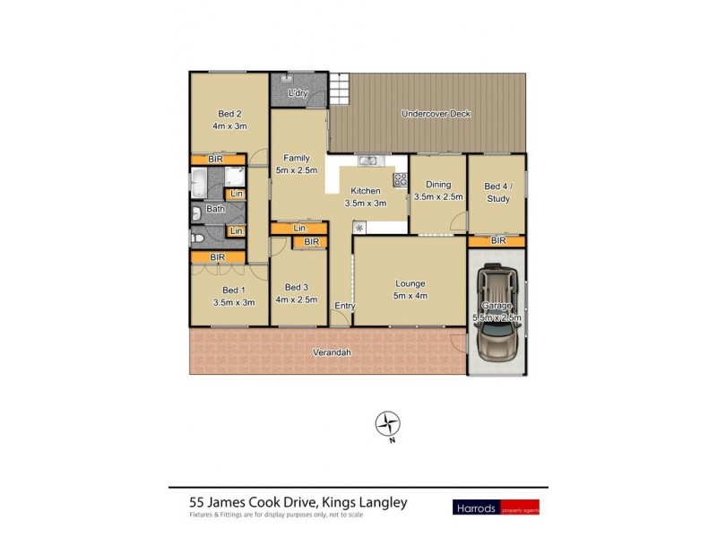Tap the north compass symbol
pos(387,423)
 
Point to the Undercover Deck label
pos(436,114)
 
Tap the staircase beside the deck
pos(339,89)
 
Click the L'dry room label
pos(298,94)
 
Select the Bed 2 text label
pos(229,114)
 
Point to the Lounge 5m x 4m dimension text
pos(410,297)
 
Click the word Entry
pos(344,307)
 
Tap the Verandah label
pos(332,352)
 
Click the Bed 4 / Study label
pos(497,192)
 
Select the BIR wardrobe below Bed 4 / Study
pos(497,241)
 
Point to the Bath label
pos(215,210)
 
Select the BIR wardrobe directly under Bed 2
pos(215,159)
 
